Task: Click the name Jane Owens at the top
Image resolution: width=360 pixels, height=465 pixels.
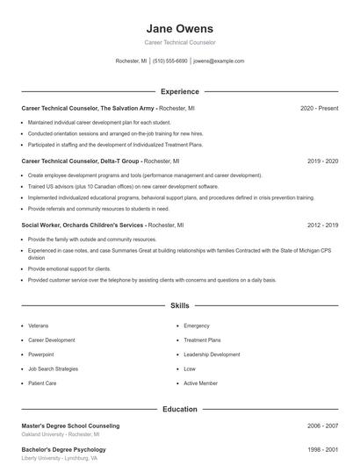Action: pyautogui.click(x=180, y=28)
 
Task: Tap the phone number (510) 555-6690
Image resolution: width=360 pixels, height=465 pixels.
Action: pyautogui.click(x=169, y=61)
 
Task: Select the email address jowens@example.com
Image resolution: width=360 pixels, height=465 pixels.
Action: pyautogui.click(x=219, y=61)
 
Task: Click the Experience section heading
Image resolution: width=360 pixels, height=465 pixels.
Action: pyautogui.click(x=180, y=91)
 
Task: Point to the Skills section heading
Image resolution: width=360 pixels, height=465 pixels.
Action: pyautogui.click(x=180, y=306)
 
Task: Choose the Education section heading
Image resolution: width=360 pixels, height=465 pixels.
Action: pyautogui.click(x=180, y=409)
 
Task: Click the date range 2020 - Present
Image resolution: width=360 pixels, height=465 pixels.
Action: pyautogui.click(x=319, y=108)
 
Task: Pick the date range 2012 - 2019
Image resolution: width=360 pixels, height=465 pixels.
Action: pyautogui.click(x=323, y=225)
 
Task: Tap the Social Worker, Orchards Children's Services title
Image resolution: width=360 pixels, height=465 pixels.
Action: pyautogui.click(x=83, y=225)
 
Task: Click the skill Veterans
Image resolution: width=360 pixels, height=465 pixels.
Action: pyautogui.click(x=39, y=325)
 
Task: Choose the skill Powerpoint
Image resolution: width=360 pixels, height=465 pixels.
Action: pyautogui.click(x=41, y=354)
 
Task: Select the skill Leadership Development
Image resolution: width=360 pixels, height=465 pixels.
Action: pyautogui.click(x=212, y=354)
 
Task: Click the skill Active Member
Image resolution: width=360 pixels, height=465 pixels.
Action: pyautogui.click(x=200, y=383)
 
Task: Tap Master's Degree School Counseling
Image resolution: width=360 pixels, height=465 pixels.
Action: pyautogui.click(x=70, y=426)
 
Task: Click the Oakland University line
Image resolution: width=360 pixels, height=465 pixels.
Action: pyautogui.click(x=60, y=434)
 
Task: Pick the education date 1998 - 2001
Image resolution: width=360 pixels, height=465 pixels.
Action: pyautogui.click(x=323, y=449)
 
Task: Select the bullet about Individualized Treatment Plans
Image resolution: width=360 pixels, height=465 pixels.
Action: pyautogui.click(x=115, y=144)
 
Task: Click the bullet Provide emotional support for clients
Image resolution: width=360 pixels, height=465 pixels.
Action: pyautogui.click(x=69, y=268)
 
